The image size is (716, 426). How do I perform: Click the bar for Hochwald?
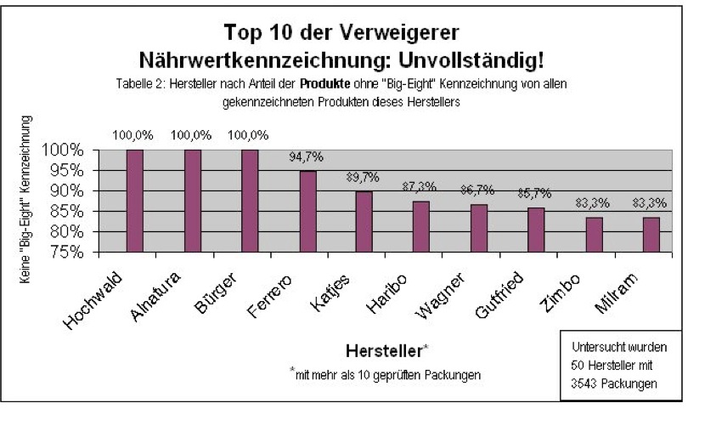(135, 201)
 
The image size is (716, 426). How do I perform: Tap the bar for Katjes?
(364, 222)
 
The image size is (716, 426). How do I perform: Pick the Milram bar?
(651, 235)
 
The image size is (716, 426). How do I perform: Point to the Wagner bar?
(479, 228)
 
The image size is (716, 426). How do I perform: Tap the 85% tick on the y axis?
(76, 211)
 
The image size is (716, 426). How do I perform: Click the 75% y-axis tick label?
(76, 253)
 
